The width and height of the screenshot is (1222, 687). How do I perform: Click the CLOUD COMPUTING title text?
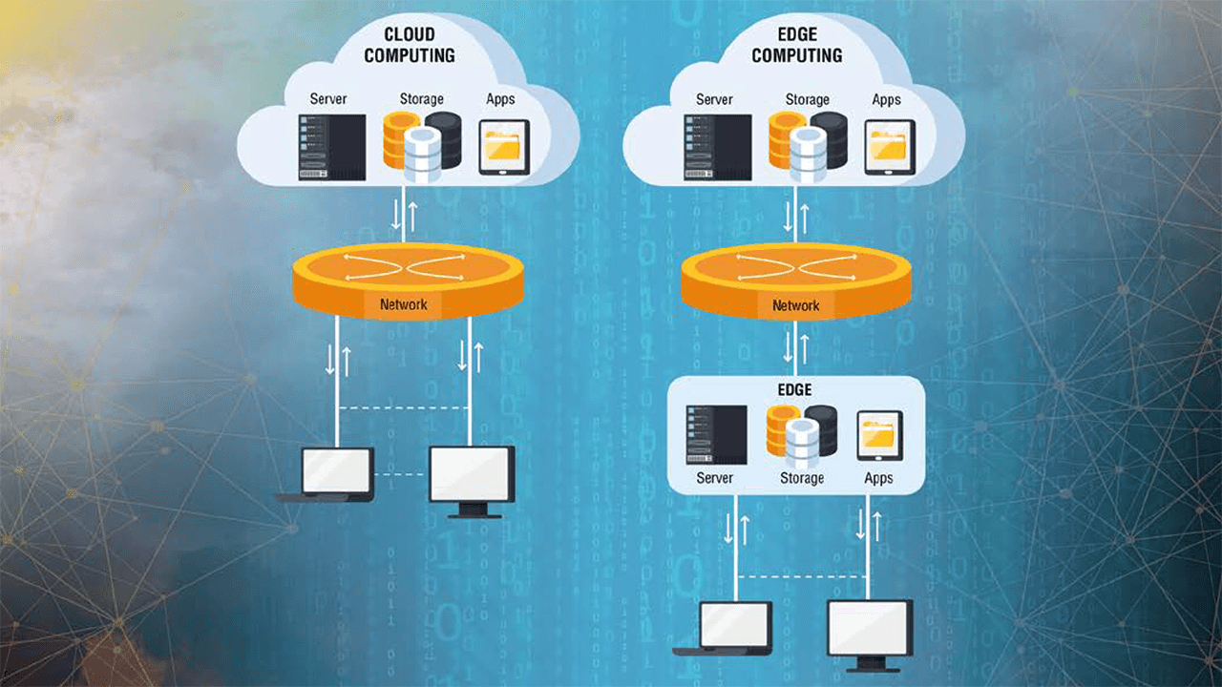point(409,45)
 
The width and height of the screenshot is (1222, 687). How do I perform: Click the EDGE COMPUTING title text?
point(796,45)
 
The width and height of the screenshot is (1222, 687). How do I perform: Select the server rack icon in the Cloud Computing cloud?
point(331,147)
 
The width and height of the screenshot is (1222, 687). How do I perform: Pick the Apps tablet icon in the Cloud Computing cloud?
point(504,147)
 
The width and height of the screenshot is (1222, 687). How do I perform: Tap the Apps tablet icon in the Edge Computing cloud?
point(890,147)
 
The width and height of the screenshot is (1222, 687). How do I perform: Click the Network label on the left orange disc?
point(405,305)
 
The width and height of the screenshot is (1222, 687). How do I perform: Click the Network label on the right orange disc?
point(795,305)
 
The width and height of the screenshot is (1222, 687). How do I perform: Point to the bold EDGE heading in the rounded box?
point(795,389)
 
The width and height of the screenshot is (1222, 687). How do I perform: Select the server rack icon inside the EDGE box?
point(716,434)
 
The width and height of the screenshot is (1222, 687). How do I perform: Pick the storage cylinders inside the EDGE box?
point(802,434)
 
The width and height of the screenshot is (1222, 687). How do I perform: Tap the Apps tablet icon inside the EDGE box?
point(879,435)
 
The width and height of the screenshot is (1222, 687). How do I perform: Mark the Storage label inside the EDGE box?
point(802,478)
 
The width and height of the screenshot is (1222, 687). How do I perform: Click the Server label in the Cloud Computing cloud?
point(328,99)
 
